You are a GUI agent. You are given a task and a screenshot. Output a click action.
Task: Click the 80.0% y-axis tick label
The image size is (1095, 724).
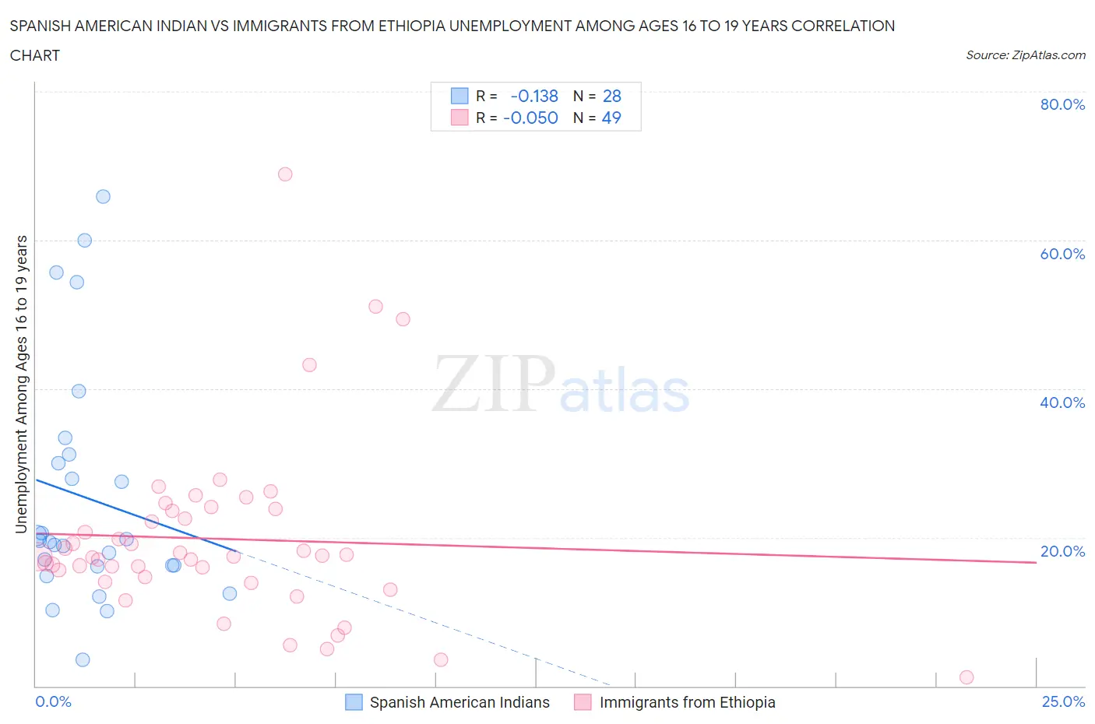1062,104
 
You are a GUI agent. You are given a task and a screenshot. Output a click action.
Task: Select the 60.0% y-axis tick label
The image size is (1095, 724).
1062,254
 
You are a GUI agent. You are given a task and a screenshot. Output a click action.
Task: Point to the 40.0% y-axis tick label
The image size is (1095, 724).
1062,402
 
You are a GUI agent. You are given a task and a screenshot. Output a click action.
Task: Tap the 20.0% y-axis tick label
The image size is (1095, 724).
1062,551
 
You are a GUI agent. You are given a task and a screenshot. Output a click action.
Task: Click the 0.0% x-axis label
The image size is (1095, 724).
53,701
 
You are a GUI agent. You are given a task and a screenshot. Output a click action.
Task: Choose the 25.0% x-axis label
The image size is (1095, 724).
1063,701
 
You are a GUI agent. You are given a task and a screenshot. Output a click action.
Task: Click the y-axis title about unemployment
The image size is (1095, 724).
22,384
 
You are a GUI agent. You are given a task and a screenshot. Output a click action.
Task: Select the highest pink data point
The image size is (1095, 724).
285,174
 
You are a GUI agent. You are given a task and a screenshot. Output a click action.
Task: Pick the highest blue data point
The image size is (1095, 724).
103,197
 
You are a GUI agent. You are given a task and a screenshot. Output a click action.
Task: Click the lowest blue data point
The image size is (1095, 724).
83,660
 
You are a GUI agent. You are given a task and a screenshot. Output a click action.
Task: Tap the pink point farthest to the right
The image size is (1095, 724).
966,677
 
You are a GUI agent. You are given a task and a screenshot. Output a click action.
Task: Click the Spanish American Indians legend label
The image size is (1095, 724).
459,702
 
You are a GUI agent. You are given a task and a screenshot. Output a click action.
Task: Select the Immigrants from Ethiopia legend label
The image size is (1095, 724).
687,702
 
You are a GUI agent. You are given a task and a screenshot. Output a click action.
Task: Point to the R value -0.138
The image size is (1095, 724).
534,96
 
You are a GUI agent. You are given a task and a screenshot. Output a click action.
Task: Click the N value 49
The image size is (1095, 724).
611,118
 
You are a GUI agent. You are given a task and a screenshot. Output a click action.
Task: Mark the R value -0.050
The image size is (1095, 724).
530,118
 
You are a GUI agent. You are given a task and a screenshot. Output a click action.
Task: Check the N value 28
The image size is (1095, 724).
612,96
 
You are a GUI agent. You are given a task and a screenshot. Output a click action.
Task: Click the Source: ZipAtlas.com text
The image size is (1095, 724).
1025,55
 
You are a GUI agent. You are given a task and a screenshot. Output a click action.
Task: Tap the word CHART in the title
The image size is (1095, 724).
35,55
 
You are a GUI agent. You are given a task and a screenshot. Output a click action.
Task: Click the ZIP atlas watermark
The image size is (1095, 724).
561,385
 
